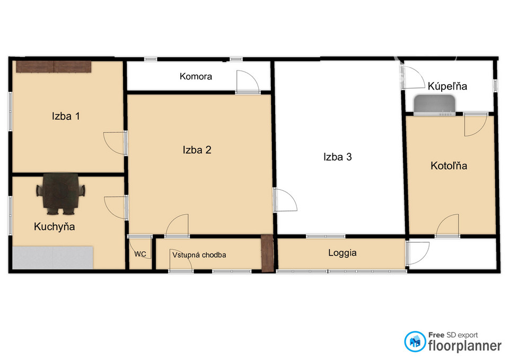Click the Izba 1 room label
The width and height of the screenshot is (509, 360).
point(66,116)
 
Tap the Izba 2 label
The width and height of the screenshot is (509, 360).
point(197,150)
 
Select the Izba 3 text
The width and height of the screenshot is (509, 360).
point(337,157)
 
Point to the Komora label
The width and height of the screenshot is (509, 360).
point(196,76)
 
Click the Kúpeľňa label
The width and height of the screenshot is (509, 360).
point(447,86)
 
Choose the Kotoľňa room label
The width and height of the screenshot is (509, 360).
point(449,165)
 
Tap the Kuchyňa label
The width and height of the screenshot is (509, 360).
point(54,226)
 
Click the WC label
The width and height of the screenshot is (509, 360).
point(140,254)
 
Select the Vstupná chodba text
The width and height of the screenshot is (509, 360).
point(199,255)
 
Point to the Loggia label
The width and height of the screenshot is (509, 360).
point(342,253)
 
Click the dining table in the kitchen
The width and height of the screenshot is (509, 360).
point(60,194)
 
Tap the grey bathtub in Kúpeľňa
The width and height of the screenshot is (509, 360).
point(434,105)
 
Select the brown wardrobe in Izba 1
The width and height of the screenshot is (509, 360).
point(54,67)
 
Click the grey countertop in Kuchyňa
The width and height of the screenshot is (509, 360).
point(53,258)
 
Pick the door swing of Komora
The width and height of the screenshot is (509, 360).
point(248,82)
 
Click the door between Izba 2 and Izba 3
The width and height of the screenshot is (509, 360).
point(285,200)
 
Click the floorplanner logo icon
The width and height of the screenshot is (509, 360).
point(415,341)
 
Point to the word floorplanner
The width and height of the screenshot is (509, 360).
point(465,346)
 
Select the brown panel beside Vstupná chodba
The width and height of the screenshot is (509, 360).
point(267,253)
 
